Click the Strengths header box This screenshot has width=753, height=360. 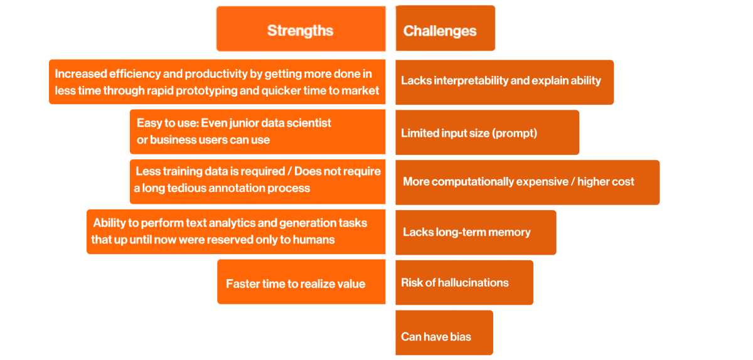[x=301, y=29]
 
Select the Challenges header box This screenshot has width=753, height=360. [x=445, y=28]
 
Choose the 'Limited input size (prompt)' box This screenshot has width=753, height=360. [x=487, y=132]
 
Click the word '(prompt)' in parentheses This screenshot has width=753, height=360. [x=515, y=134]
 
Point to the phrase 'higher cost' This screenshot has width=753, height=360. [x=606, y=181]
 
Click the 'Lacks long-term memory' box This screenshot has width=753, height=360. [x=476, y=232]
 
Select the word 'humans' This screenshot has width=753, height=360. [x=314, y=240]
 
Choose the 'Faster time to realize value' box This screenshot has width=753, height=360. [x=301, y=282]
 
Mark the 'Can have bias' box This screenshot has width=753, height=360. [x=444, y=332]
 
